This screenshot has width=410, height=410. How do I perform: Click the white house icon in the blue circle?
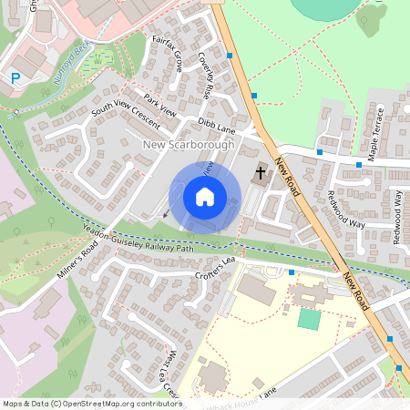click(205, 197)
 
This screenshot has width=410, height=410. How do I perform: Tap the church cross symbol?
click(261, 171)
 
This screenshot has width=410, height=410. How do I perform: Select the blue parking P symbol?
click(15, 79)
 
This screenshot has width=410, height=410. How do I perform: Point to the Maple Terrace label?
click(380, 127)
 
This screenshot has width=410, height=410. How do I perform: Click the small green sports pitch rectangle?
click(310, 319)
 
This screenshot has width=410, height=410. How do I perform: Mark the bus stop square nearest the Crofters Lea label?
click(291, 272)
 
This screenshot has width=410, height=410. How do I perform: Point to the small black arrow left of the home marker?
click(166, 214)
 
